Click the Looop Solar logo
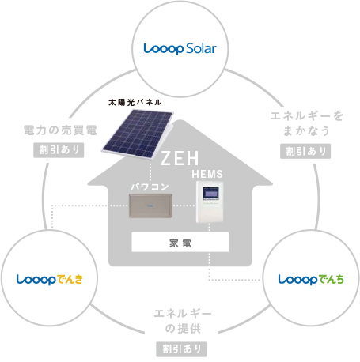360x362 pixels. pos(180,49)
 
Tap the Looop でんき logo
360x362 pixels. pos(50,280)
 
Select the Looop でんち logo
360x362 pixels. pos(311,280)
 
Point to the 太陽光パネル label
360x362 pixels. pos(135,102)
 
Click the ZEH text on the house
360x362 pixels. pos(180,158)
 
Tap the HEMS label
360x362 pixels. pos(207,174)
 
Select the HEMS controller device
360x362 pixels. pos(210,202)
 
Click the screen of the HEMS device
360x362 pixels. pos(210,194)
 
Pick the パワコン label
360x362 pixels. pos(150,187)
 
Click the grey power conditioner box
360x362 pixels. pos(150,206)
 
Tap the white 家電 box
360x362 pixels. pos(180,242)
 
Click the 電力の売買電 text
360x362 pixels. pos(60,130)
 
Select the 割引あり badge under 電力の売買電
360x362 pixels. pos(59,150)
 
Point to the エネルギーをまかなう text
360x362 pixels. pos(307,123)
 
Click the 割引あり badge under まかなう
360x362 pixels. pos(305,151)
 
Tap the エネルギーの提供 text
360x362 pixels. pos(183,321)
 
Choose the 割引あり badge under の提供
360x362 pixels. pos(181,349)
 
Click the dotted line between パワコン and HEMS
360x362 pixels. pos(184,206)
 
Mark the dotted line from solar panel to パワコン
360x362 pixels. pos(150,172)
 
